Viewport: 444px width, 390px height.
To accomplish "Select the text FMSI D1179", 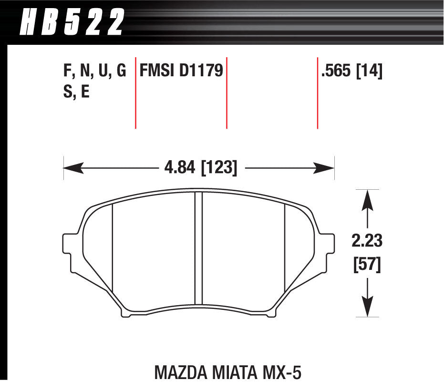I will [x=181, y=72].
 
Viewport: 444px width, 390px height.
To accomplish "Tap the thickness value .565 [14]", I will [x=352, y=72].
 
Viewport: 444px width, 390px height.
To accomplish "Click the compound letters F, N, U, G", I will [x=94, y=72].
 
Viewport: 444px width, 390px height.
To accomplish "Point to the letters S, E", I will [x=76, y=92].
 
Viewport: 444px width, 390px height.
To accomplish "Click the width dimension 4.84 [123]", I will [x=199, y=168].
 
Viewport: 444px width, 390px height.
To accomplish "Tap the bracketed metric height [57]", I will [x=367, y=265].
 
